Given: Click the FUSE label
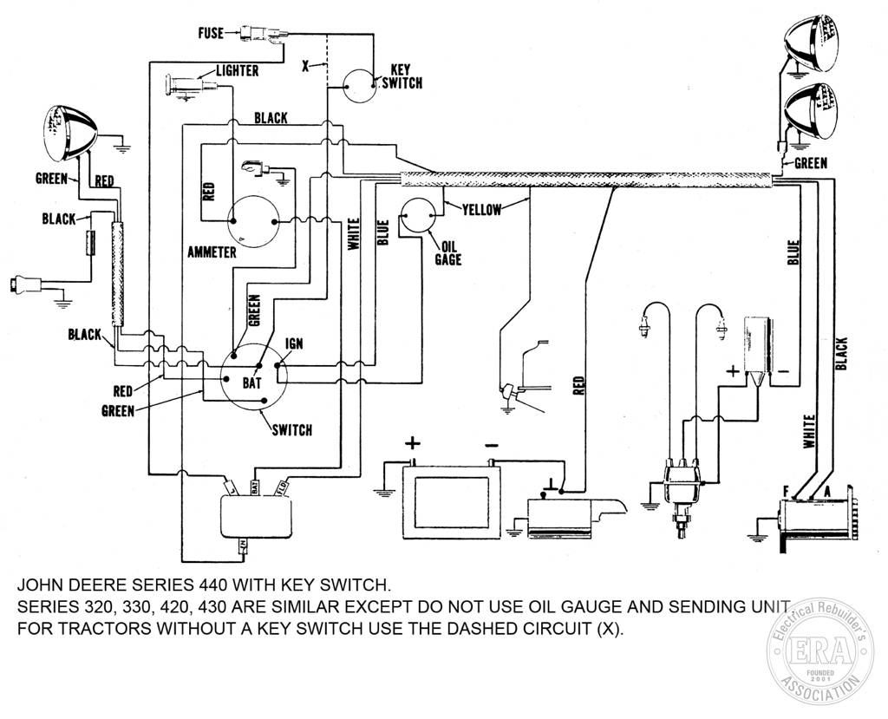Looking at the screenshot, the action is pos(211,34).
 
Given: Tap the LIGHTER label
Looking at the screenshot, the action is pos(238,71).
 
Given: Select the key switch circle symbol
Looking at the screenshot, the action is pos(360,86).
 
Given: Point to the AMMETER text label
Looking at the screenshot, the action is pos(212,252).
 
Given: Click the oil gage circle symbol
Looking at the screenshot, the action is pos(417,216).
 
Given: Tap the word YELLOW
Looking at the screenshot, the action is pos(482,210).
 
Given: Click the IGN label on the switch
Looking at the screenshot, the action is pos(294,343).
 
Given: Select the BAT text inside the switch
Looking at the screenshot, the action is pos(251,383).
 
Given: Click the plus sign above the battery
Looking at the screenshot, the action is pos(412,443).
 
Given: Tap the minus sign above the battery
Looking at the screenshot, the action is pos(492,444).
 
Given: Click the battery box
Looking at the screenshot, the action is pos(451,502).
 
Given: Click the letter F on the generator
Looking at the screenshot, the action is pos(785,493).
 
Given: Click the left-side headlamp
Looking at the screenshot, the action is pos(70,132).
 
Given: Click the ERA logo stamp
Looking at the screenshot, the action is pos(819,651).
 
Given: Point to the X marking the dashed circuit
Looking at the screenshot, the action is pos(305,66).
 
